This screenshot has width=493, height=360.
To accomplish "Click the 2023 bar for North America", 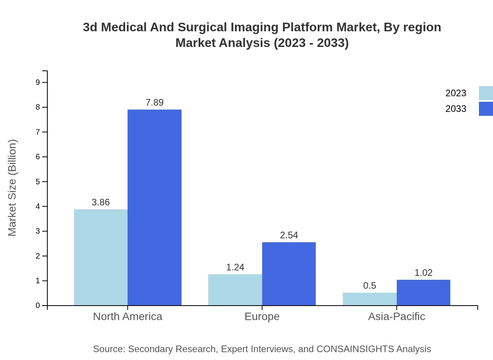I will pos(101,257).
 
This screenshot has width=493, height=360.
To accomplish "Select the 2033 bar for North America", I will pos(155,207).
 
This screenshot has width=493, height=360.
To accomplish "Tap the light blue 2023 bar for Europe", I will pos(235,290).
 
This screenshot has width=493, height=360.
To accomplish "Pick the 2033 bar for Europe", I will pos(289,274).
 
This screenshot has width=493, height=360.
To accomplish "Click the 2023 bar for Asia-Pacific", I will pos(369,299).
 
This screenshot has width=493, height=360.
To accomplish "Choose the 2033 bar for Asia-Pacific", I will pos(423,292).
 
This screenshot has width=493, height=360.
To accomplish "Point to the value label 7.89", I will pos(155,103).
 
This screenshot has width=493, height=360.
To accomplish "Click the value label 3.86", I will pos(101,202).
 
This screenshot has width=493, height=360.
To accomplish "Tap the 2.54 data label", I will pos(289,235).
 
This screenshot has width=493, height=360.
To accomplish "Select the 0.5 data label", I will pos(369,286).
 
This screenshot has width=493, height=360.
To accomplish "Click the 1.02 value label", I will pos(423,273).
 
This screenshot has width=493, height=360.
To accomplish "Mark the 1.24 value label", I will pos(235,267).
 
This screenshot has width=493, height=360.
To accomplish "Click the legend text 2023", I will pos(455,93).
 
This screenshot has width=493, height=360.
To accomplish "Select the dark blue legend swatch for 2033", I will pos(486,109).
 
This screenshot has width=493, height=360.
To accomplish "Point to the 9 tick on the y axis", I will pos(38,82).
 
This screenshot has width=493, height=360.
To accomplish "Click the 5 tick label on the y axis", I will pos(38,182).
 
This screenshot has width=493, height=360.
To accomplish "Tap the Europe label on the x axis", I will pos(262,316).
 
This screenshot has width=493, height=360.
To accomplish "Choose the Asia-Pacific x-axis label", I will pos(396,316).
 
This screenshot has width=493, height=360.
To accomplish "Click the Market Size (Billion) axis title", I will pos(12,188).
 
